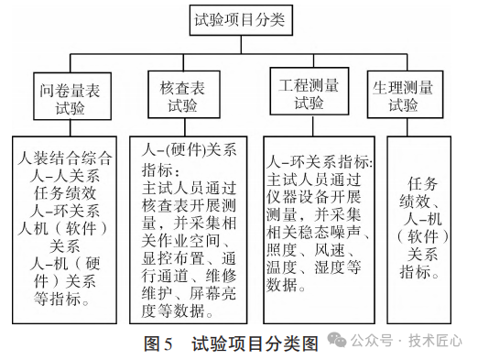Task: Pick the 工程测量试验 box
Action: tap(309, 93)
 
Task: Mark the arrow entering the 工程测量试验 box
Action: tap(309, 62)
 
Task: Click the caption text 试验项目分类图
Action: tap(255, 344)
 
